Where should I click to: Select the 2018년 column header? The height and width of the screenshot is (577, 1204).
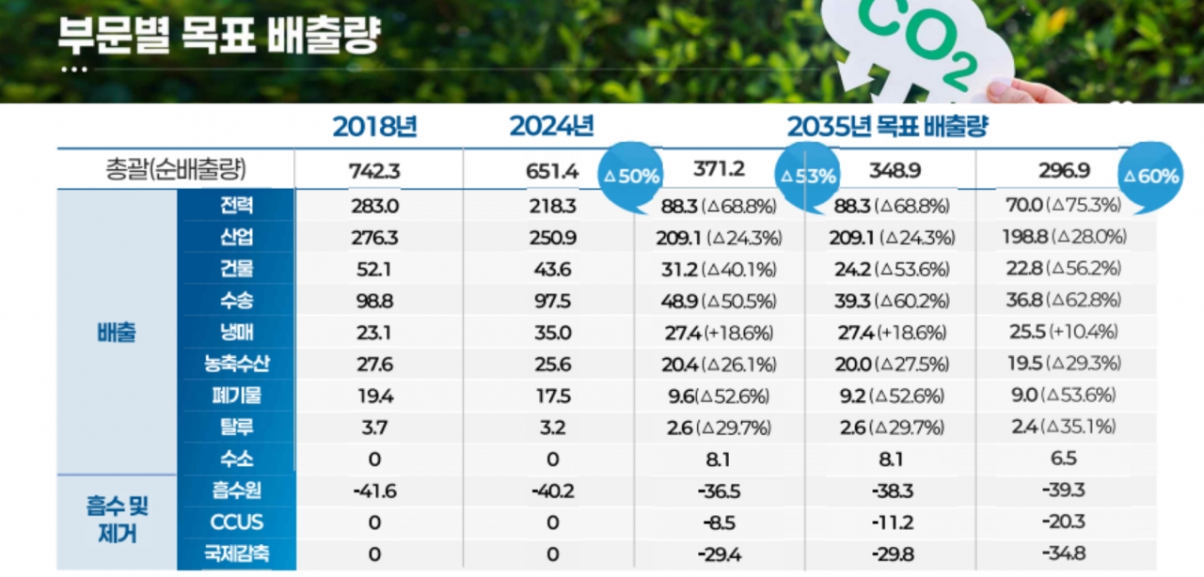click(374, 126)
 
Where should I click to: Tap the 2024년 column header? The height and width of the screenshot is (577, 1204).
click(551, 126)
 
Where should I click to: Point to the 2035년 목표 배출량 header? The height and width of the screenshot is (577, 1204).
click(886, 126)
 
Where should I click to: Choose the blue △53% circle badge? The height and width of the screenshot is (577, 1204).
click(807, 176)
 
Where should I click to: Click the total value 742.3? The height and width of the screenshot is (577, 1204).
click(374, 170)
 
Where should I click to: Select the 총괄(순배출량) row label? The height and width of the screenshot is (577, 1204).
click(176, 170)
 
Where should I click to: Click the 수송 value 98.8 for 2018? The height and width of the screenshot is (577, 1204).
click(374, 301)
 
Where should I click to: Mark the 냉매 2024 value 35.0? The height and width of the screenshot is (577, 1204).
click(551, 333)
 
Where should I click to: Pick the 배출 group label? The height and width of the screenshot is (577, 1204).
click(117, 333)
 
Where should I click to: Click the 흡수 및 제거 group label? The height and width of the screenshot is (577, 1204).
click(117, 521)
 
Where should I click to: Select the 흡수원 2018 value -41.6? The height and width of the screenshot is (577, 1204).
click(374, 491)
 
